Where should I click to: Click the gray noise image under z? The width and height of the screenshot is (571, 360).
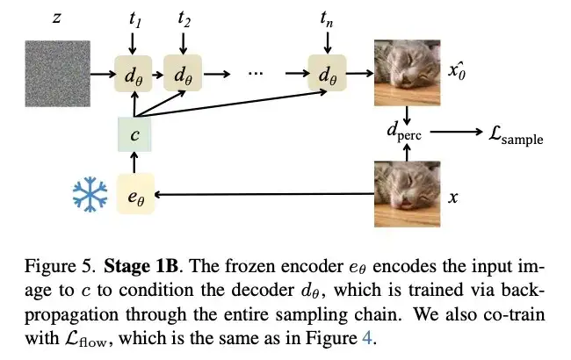55,74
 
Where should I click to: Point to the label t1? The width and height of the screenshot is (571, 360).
134,18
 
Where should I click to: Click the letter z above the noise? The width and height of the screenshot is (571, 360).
55,18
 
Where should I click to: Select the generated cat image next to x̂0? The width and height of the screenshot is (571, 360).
407,74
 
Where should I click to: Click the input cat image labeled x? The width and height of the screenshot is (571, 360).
407,194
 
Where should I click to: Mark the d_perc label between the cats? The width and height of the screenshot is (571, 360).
406,134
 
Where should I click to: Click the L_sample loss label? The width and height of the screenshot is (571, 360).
516,136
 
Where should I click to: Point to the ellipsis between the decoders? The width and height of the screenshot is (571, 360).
256,74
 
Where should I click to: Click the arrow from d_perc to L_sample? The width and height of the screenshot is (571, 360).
457,134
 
